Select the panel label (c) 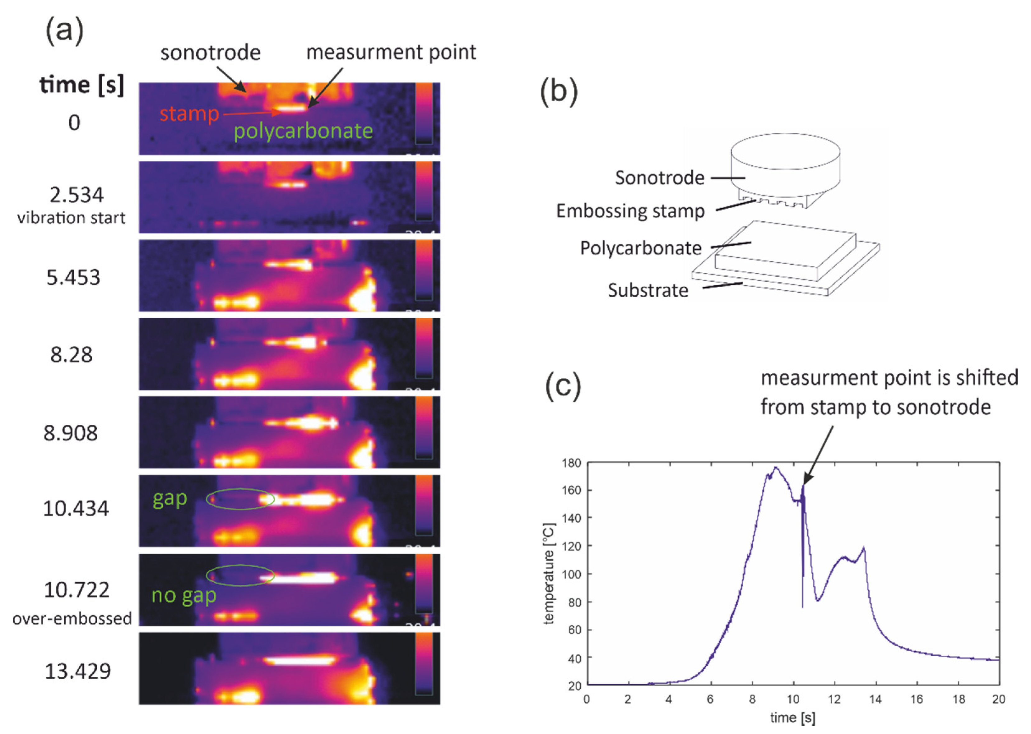click(563, 386)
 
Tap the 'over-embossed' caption click(72, 618)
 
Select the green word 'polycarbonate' click(303, 131)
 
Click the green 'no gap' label click(183, 595)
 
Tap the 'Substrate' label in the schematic click(648, 290)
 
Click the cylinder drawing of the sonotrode click(786, 158)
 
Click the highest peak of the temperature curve click(776, 467)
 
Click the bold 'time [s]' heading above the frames click(81, 85)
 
